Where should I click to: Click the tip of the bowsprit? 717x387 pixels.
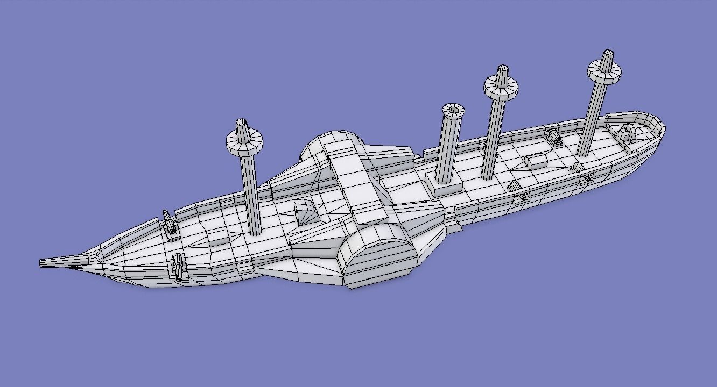point(42,263)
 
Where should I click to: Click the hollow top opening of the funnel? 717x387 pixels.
point(453,110)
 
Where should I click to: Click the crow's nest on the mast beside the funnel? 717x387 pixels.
point(501,85)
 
